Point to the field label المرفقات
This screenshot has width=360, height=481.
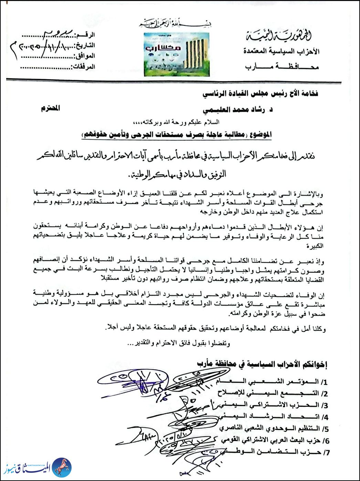tap(83, 66)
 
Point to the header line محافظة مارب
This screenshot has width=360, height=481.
tap(282, 66)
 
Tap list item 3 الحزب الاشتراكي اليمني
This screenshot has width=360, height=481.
tap(272, 405)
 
